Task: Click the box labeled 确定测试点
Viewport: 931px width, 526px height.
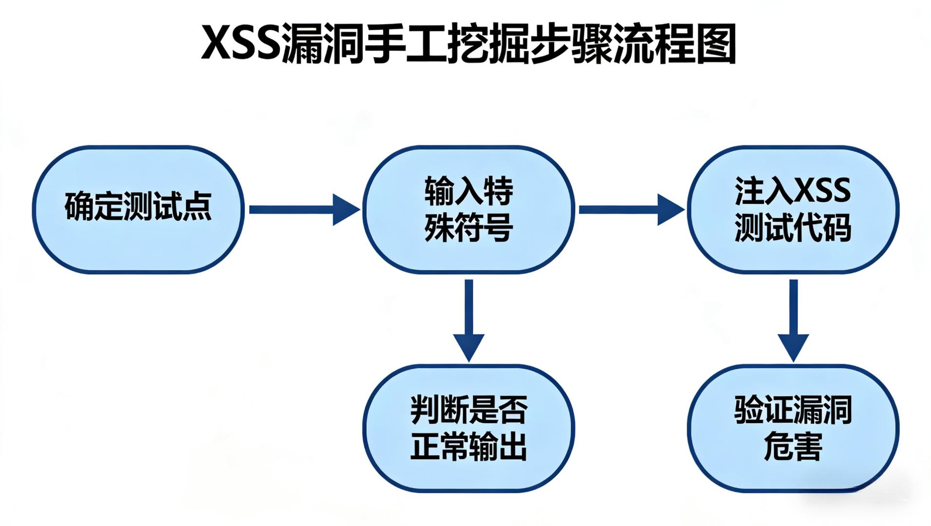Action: [x=138, y=209]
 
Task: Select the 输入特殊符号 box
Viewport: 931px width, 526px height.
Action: [x=468, y=209]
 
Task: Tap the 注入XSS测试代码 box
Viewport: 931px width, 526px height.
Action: [x=793, y=209]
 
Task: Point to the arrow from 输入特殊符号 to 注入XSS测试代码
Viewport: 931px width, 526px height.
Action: [x=631, y=209]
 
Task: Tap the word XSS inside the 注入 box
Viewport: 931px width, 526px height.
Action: [x=822, y=190]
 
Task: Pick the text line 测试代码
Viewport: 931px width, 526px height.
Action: [x=793, y=227]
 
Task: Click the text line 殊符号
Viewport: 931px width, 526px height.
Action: [x=468, y=227]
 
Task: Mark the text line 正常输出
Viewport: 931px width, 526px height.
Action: [x=468, y=447]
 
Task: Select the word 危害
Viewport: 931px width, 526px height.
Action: [x=793, y=447]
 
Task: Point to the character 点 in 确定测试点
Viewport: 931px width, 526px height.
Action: [x=197, y=207]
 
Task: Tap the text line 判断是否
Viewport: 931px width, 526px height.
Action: [x=468, y=410]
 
